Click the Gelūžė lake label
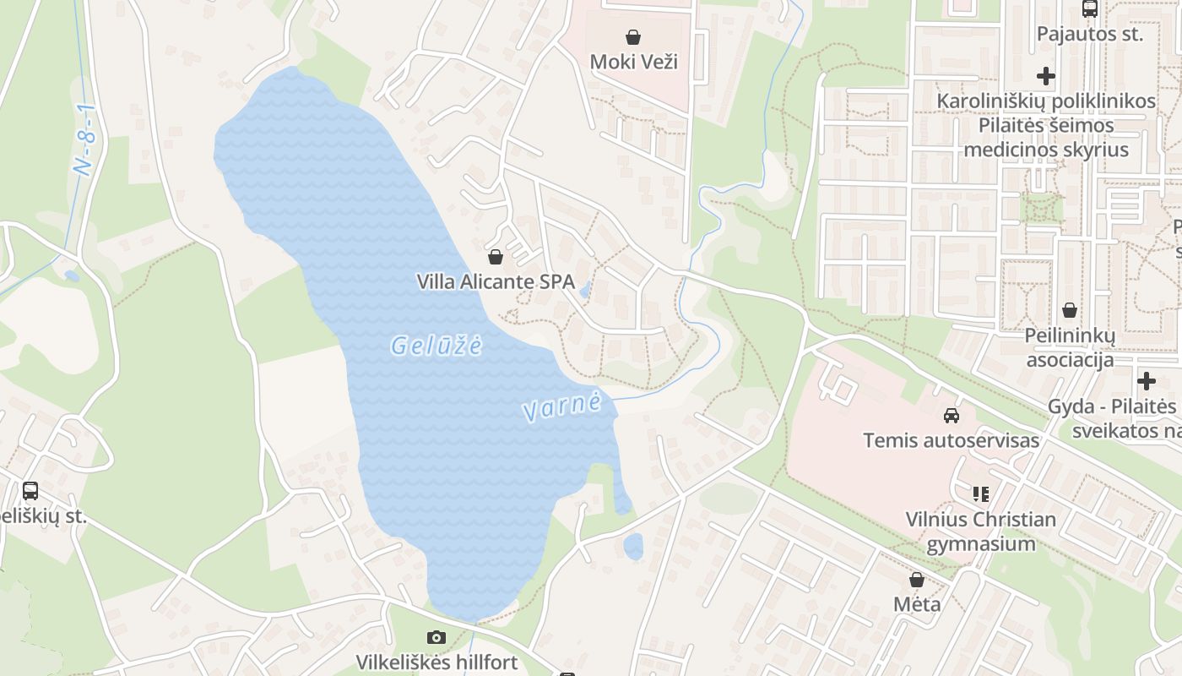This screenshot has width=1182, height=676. coord(436,345)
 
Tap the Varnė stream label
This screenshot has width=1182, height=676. coord(562,406)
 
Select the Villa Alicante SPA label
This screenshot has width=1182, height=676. coord(496,281)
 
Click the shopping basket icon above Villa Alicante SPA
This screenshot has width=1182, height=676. coord(496,256)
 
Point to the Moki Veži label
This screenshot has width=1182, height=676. coord(633,62)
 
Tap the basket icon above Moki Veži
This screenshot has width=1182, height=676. coord(633,36)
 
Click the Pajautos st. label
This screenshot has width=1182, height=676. coord(1089,35)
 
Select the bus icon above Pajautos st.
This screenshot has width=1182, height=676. coord(1090,9)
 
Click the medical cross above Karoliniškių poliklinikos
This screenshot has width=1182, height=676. coord(1046,76)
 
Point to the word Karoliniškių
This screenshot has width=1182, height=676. coord(992,101)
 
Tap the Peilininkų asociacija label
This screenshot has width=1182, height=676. coord(1070,347)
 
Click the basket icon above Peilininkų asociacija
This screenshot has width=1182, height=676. coord(1070,310)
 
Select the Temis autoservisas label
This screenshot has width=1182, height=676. coord(951,440)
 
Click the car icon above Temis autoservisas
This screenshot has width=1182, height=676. coord(952,415)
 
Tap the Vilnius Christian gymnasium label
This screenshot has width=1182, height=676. coord(981,531)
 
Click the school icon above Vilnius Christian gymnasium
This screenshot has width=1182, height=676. coord(980,493)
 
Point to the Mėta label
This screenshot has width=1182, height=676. coord(917,604)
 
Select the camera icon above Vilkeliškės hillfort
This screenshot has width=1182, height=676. coord(436,637)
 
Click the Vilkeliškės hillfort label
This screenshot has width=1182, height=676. coord(436,662)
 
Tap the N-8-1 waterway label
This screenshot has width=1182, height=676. coord(87,140)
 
